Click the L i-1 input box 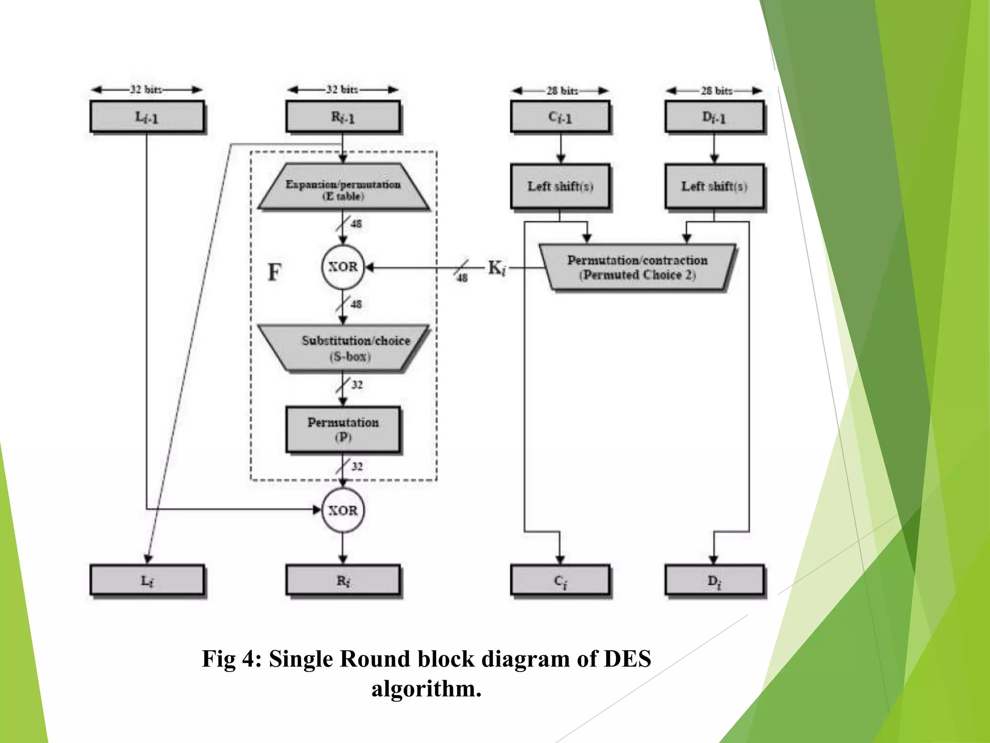click(147, 117)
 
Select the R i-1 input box click(343, 117)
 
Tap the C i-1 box click(560, 117)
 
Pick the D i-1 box click(714, 117)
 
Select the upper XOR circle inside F click(343, 267)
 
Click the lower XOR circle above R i click(343, 510)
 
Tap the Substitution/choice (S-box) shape click(343, 348)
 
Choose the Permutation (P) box click(343, 429)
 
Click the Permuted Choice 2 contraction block click(637, 267)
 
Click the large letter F click(274, 272)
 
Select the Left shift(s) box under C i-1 click(560, 186)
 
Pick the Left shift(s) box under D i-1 click(714, 186)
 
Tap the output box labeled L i click(147, 580)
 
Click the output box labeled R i click(343, 580)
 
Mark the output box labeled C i click(560, 580)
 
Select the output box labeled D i click(714, 580)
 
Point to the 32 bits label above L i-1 click(146, 89)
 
